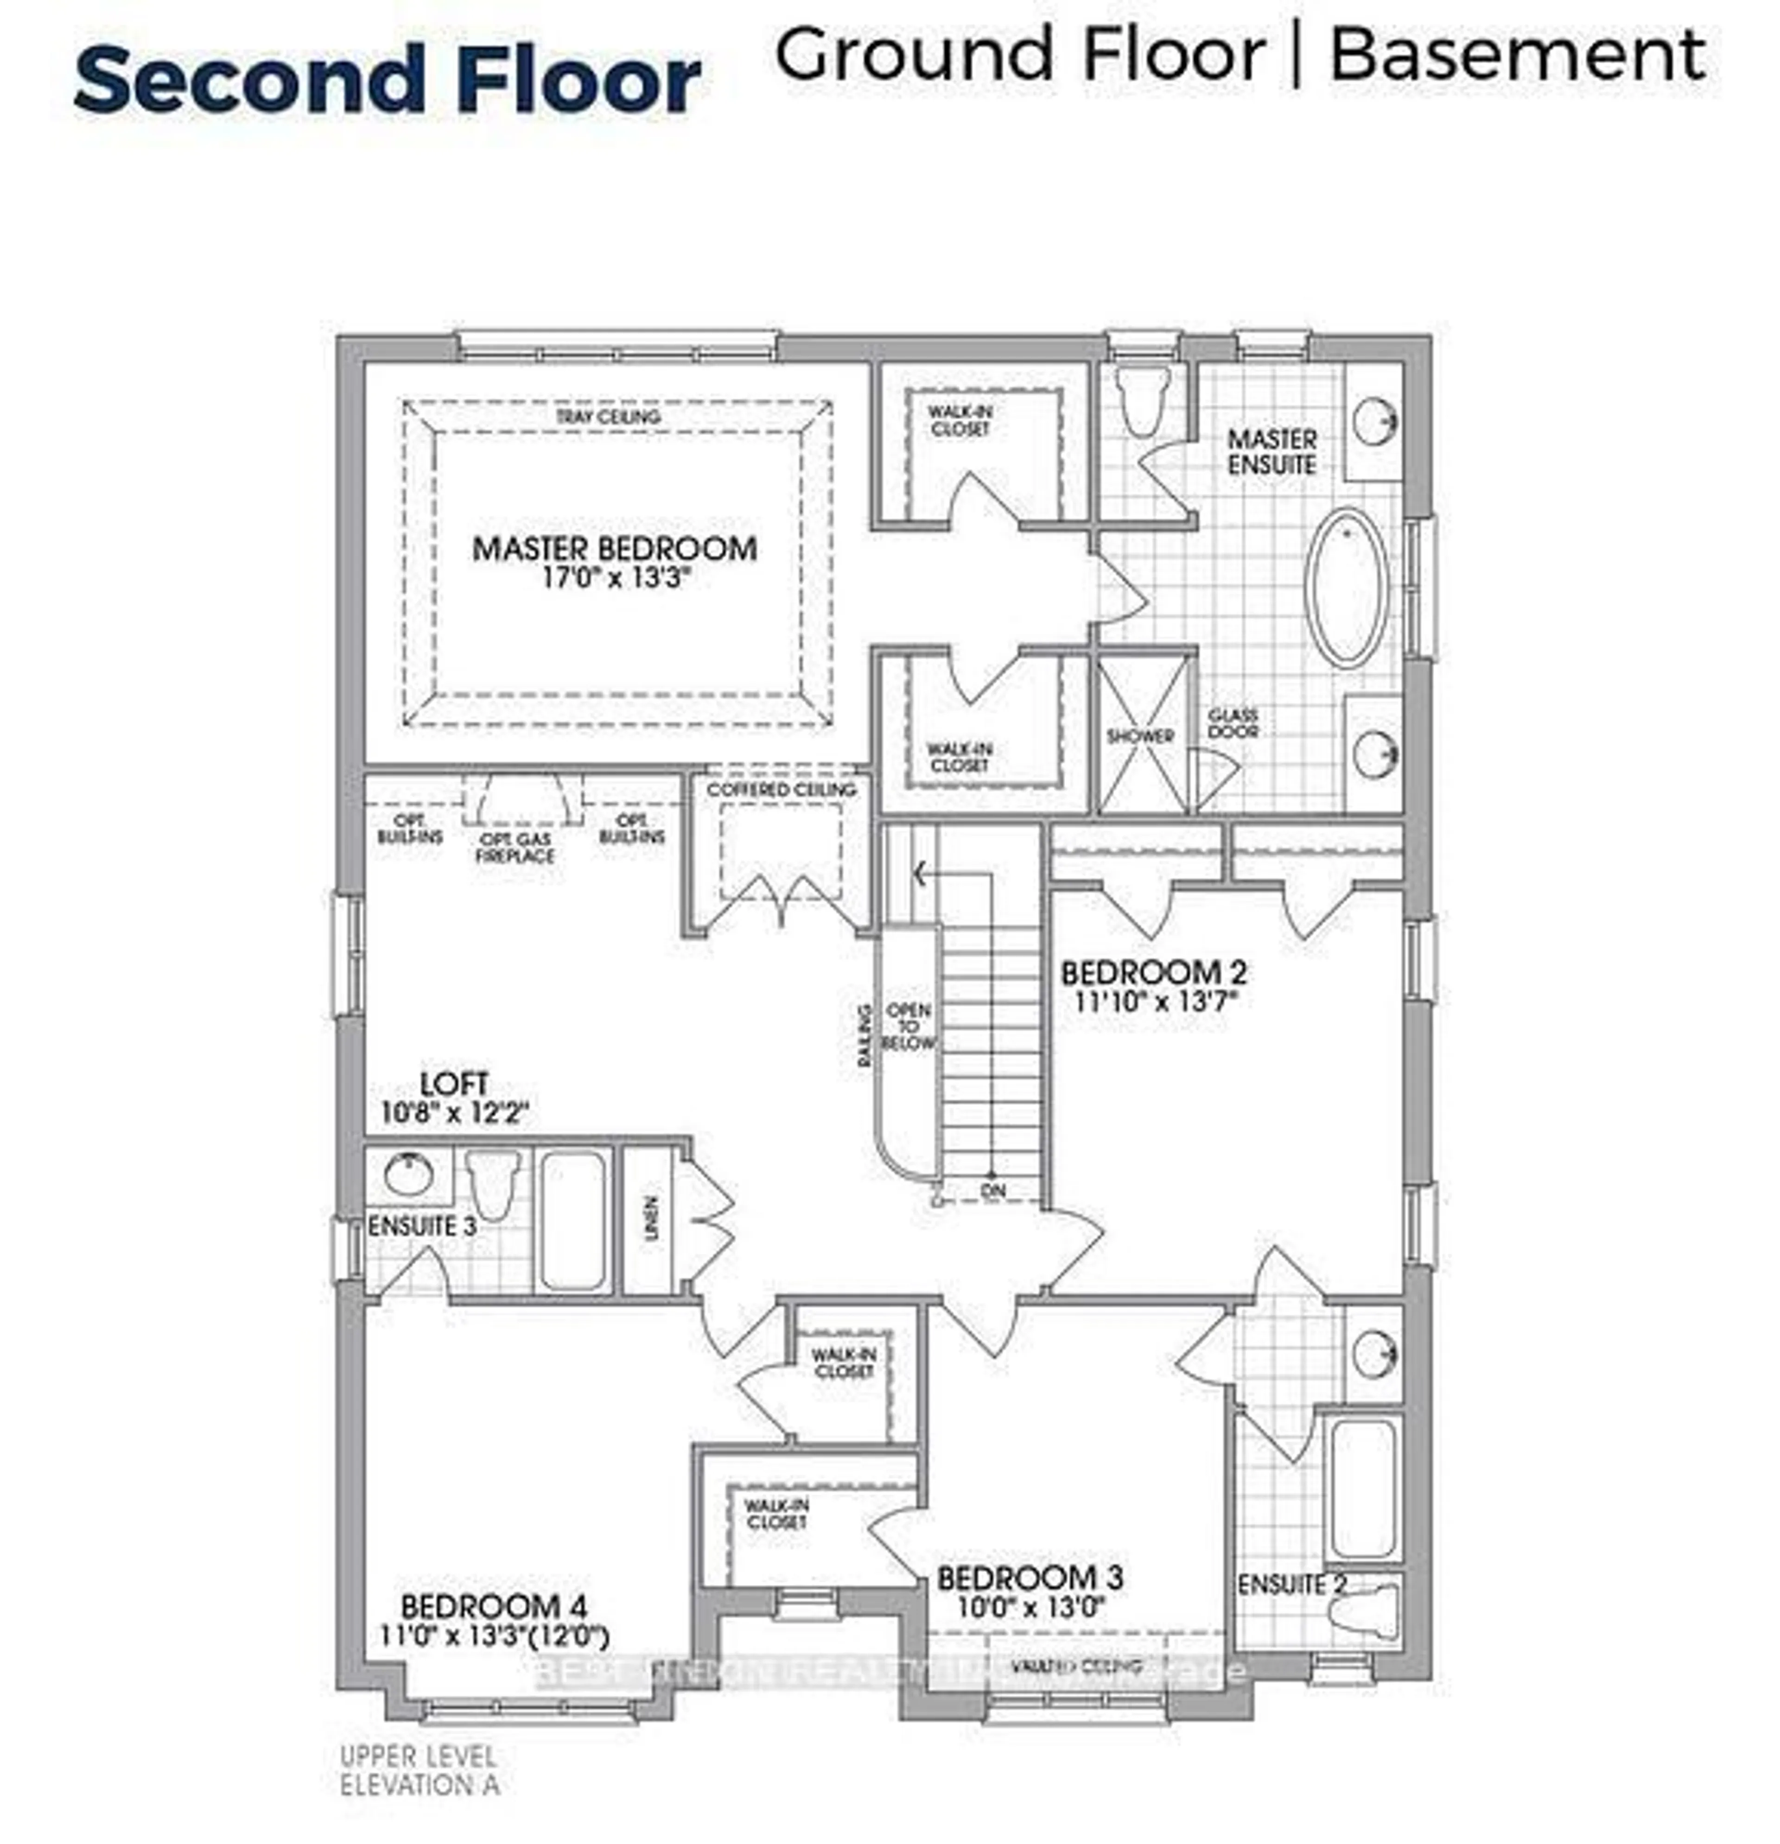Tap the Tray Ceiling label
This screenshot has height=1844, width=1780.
point(608,417)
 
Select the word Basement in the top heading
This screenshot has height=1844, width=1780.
point(1517,56)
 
